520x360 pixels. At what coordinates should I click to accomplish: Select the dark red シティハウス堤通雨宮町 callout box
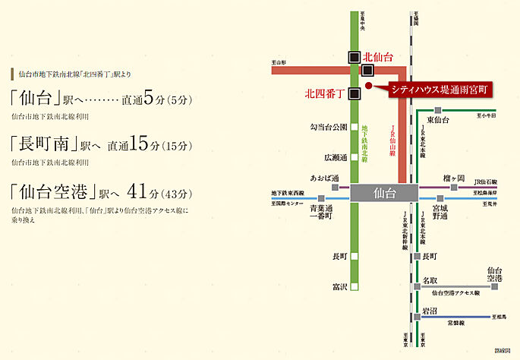[440, 89]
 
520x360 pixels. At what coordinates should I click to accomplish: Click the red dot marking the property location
[368, 87]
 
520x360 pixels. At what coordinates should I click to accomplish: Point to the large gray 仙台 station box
[385, 193]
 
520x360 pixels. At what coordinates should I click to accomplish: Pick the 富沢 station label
[339, 286]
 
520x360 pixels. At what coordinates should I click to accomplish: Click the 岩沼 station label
[430, 311]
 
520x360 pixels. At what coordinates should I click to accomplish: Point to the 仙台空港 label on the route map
[494, 275]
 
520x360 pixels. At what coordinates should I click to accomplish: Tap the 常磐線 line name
[455, 322]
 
